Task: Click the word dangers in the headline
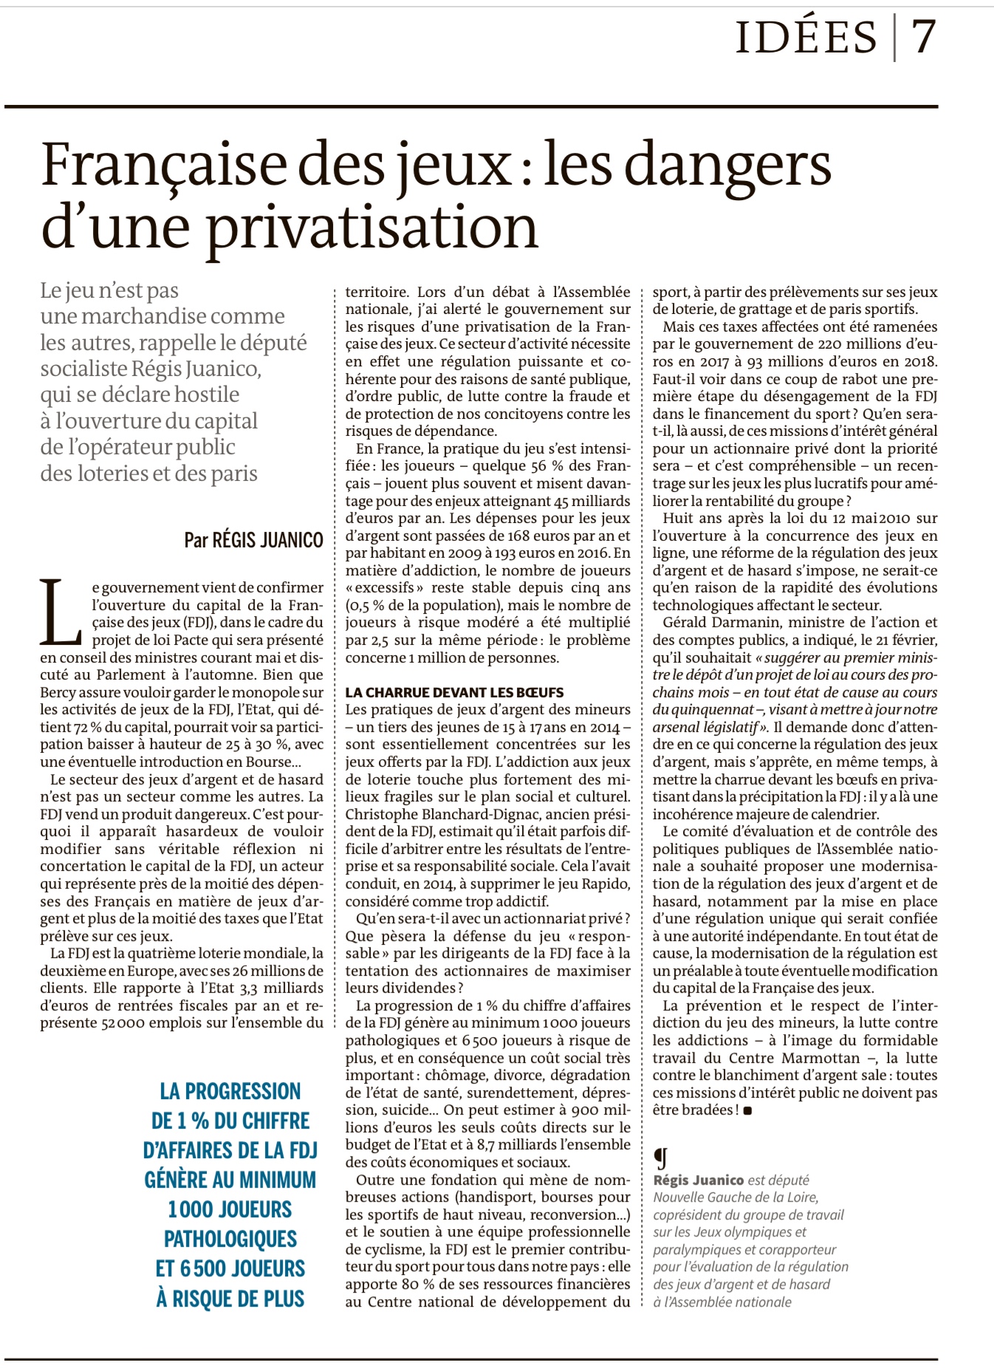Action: tap(727, 165)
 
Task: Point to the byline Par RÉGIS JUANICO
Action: tap(253, 540)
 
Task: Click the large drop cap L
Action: tap(61, 612)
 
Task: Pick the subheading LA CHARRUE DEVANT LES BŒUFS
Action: tap(454, 692)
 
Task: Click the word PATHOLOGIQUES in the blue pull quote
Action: tap(230, 1239)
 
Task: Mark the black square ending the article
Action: tap(747, 1110)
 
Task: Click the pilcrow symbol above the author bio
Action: tap(660, 1157)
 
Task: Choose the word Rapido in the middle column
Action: tap(607, 883)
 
